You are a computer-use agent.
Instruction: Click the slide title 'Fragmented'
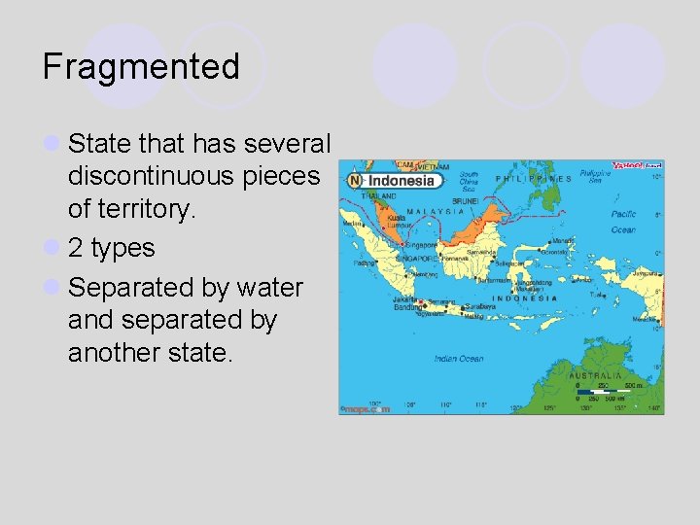tap(141, 66)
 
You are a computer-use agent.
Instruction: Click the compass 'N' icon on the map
tap(354, 181)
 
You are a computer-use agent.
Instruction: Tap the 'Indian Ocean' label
tap(458, 359)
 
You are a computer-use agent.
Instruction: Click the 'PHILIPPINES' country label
tap(533, 179)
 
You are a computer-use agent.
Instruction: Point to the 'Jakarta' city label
tap(404, 300)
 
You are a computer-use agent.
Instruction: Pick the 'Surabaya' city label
tap(474, 303)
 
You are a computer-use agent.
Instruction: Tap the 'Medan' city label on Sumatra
tap(352, 223)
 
